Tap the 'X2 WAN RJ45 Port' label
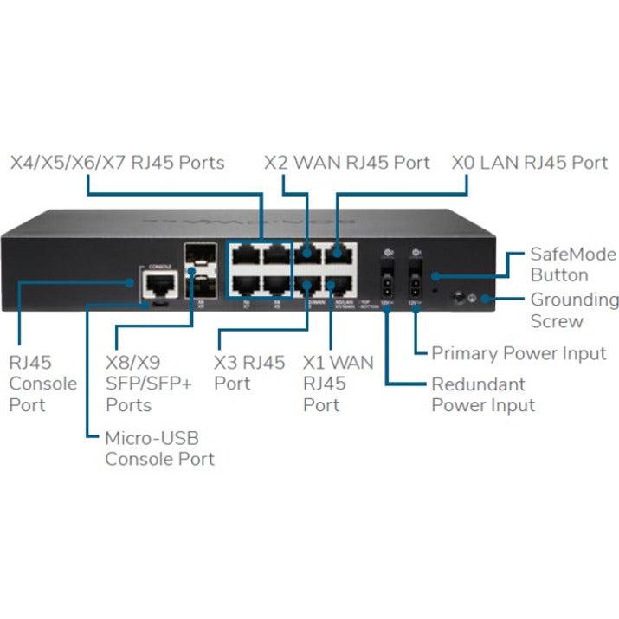(x=346, y=163)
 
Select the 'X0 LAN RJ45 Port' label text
(x=530, y=163)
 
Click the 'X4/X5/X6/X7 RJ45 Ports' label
(x=117, y=163)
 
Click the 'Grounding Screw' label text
(x=574, y=311)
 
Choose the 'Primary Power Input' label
(x=519, y=353)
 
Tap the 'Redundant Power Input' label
(x=483, y=395)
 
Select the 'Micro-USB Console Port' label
(x=160, y=448)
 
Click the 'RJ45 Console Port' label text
(x=42, y=384)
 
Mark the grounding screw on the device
(x=456, y=299)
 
